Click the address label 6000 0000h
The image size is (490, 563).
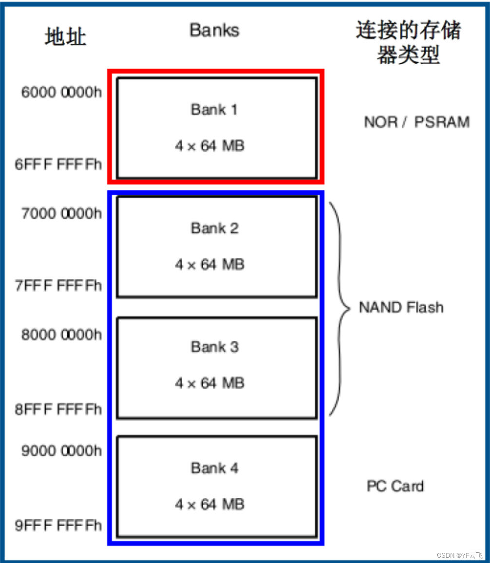click(x=62, y=92)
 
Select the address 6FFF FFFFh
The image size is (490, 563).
click(x=58, y=164)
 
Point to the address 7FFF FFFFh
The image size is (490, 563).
click(x=58, y=285)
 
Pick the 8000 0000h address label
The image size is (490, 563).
click(x=62, y=335)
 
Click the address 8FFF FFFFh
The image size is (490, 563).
click(x=58, y=409)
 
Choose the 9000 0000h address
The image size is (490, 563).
click(x=62, y=451)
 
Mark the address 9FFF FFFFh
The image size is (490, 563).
click(x=58, y=526)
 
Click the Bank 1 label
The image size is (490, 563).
click(x=214, y=109)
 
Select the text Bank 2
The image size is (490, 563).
click(x=214, y=228)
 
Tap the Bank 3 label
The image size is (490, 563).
click(x=214, y=347)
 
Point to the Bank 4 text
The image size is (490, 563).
click(x=214, y=468)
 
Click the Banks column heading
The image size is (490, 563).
click(x=214, y=30)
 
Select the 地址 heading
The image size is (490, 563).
click(x=65, y=36)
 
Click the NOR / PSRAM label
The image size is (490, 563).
click(x=416, y=122)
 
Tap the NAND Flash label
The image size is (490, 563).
click(x=401, y=308)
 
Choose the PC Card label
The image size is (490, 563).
click(x=395, y=486)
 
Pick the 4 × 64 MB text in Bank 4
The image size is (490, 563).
click(x=209, y=505)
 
